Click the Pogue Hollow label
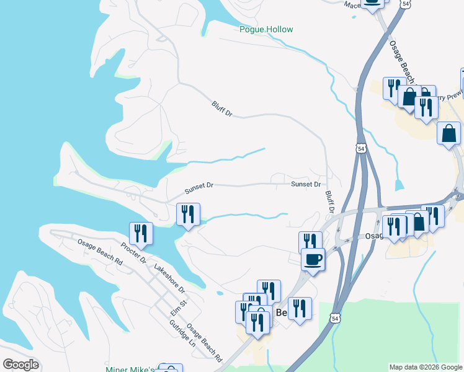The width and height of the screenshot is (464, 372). tap(266, 29)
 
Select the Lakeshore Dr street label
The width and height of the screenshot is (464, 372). tap(169, 280)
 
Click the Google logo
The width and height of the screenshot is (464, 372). tap(20, 365)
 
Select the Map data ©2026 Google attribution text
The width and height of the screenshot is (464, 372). tap(425, 367)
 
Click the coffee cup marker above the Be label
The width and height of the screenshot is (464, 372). tap(313, 259)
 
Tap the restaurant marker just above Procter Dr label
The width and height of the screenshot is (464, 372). tap(141, 233)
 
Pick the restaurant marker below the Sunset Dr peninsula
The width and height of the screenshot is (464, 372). tap(188, 215)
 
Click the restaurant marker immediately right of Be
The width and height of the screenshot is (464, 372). tap(300, 308)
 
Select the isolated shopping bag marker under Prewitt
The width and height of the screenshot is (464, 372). tap(448, 133)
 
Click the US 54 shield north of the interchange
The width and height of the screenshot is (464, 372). tap(361, 148)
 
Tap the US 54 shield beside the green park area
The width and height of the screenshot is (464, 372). tap(335, 318)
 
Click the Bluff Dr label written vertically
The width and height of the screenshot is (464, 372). tap(330, 202)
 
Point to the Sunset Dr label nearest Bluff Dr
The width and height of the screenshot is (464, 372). tap(306, 184)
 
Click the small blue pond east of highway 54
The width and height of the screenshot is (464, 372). tap(399, 185)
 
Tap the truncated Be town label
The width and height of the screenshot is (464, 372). tap(281, 313)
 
